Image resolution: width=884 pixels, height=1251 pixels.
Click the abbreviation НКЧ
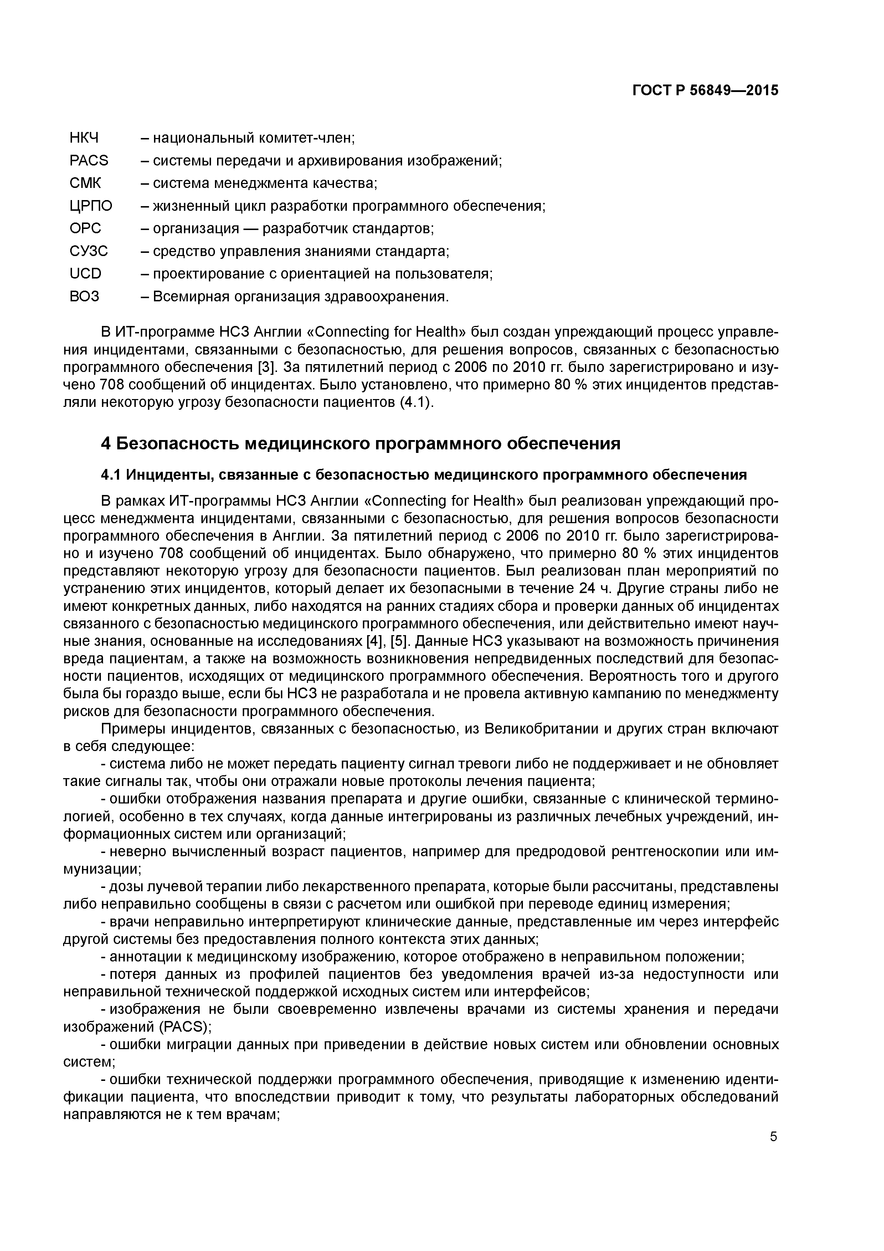(x=88, y=138)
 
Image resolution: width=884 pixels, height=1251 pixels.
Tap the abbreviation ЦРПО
(x=91, y=206)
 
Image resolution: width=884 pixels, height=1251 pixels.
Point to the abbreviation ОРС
(x=86, y=228)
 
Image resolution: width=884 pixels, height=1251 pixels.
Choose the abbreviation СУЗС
(x=89, y=251)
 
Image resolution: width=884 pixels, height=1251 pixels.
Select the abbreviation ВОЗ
(x=84, y=296)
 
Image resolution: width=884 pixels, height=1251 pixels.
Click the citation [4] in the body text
(x=372, y=641)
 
